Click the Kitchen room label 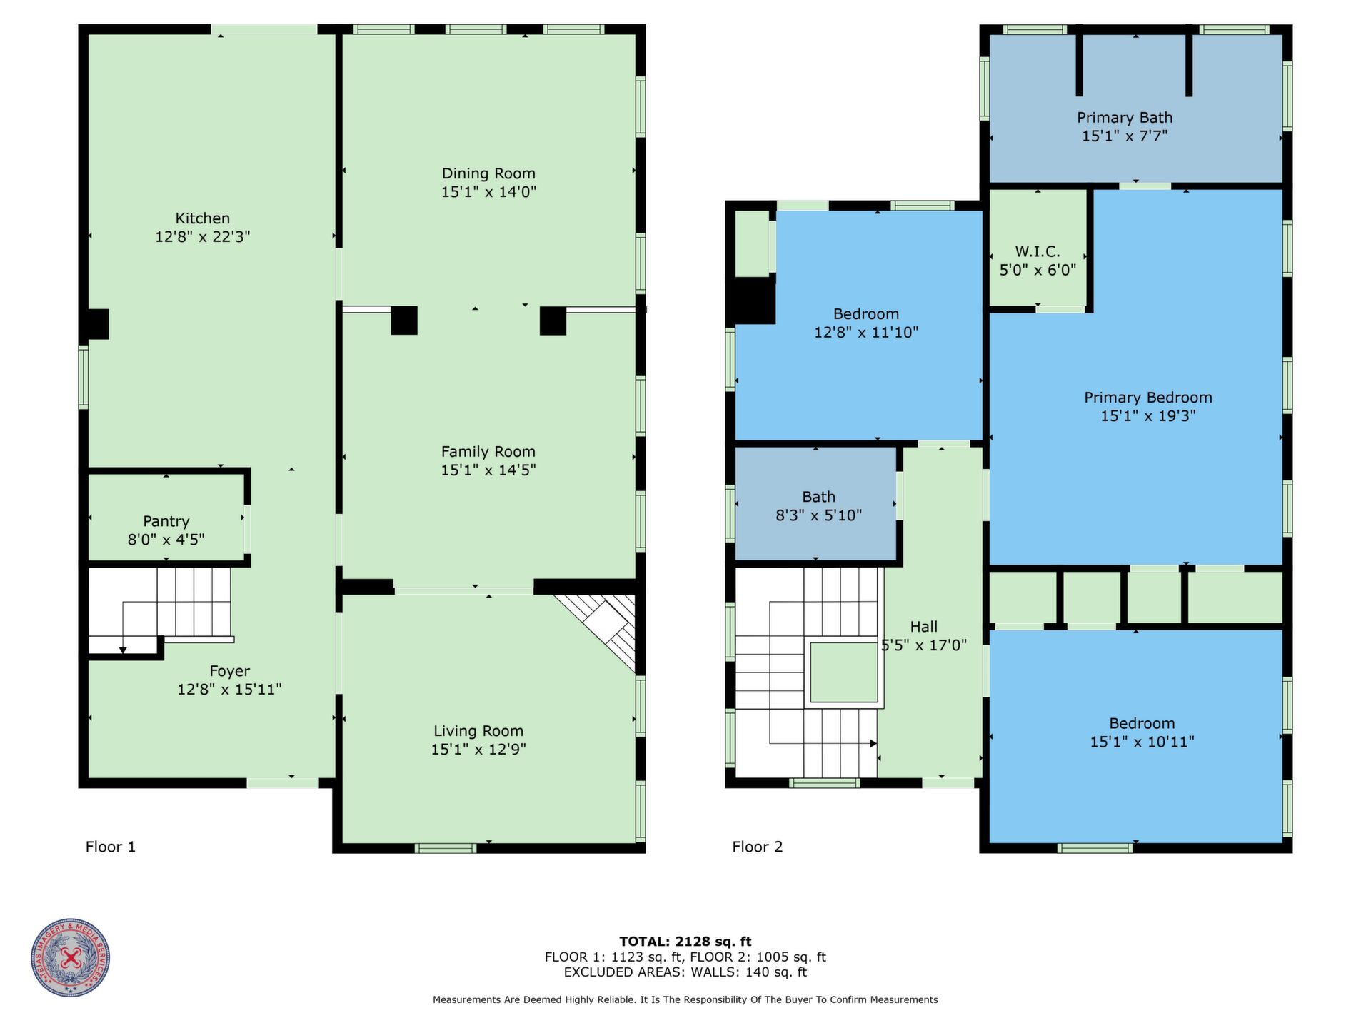203,218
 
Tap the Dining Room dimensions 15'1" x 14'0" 488,192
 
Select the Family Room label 488,452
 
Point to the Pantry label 166,522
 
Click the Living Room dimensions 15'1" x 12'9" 478,750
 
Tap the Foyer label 230,671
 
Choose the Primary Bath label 1125,118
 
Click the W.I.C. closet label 1038,252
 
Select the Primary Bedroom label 1148,398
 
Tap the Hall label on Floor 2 924,627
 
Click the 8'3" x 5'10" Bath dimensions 819,515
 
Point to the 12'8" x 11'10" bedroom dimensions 866,333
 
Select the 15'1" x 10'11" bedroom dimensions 1142,742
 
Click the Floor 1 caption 111,847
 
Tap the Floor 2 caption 758,847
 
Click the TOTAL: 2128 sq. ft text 685,942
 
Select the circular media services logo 71,958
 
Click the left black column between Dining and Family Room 404,321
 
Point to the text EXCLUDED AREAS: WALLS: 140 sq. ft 685,972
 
